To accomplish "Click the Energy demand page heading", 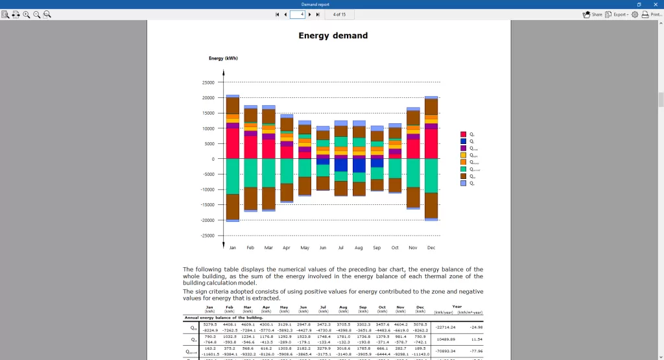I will (x=333, y=36).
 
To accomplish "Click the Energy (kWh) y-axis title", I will (x=223, y=58).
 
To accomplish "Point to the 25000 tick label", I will (x=208, y=82).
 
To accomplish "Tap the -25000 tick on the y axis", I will (x=207, y=235).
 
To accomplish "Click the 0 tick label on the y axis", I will (x=213, y=159).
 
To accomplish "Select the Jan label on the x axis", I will (x=232, y=247).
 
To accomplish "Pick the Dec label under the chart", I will (x=431, y=247).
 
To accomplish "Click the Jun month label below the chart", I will (x=323, y=247).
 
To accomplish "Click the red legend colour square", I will (x=463, y=134).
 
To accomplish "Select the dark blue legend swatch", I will (x=463, y=141).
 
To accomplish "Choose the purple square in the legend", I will (x=463, y=148).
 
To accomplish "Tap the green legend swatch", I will (x=463, y=169).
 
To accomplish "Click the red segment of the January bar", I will (x=232, y=143).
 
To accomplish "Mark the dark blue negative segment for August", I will (x=359, y=165).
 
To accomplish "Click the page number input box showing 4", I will (x=297, y=14).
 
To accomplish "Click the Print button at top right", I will (x=652, y=14).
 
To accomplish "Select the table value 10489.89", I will (x=446, y=339).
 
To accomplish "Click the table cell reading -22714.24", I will (x=445, y=327).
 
